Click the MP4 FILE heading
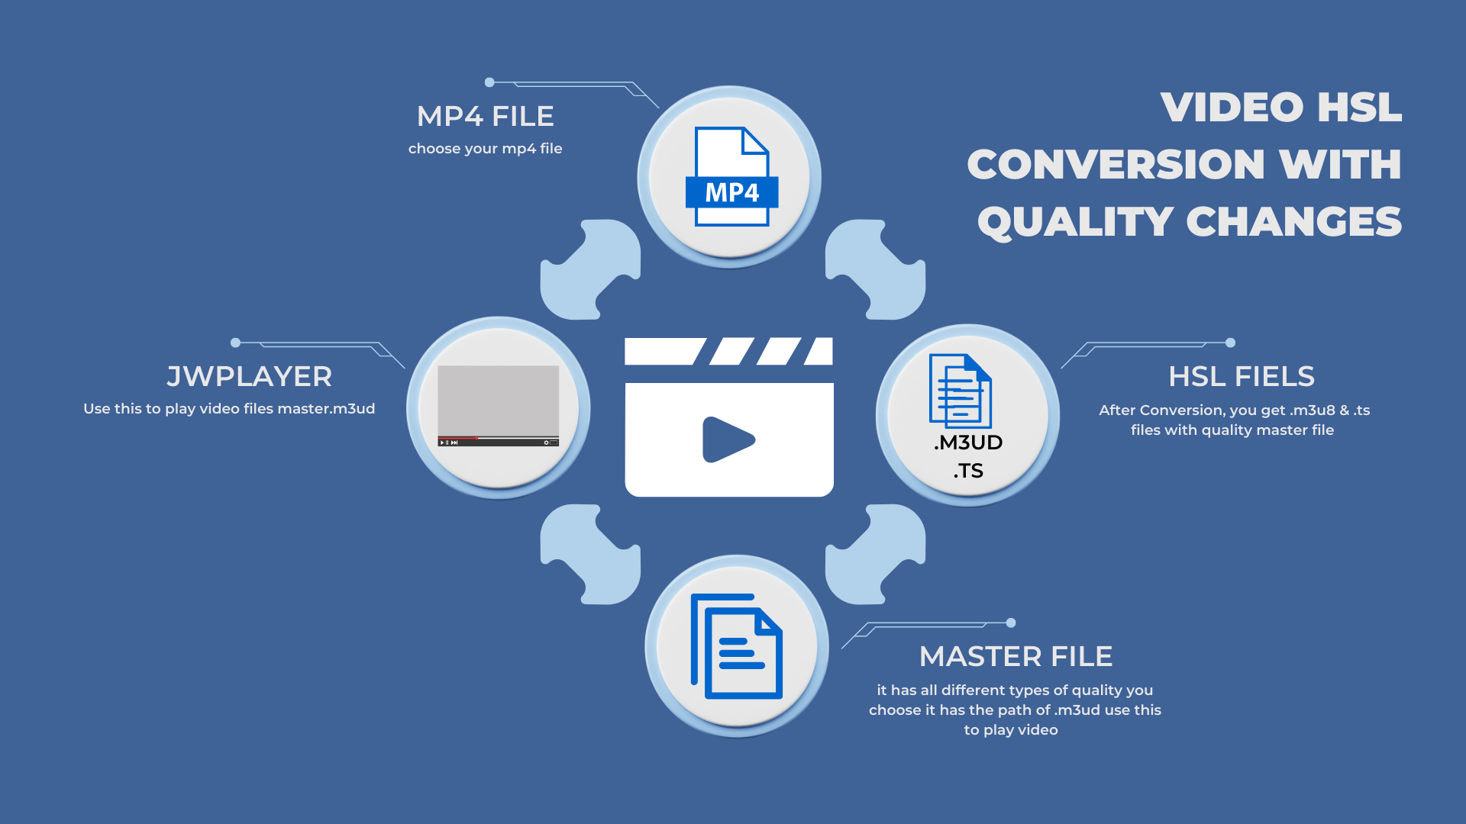[486, 117]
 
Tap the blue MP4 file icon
[731, 177]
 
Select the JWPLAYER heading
[249, 377]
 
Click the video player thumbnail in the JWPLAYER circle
[498, 405]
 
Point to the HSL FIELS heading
[1242, 377]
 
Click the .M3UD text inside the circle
[968, 443]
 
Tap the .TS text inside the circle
[968, 471]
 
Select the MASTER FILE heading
[1016, 657]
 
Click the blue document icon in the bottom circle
[737, 646]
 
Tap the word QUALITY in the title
[1075, 222]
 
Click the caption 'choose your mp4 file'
[485, 149]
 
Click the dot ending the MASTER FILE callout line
[1011, 623]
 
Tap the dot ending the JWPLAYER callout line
[236, 343]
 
